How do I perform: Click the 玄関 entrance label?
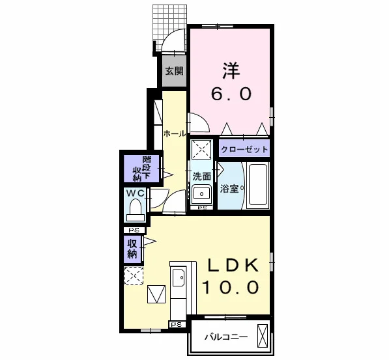click(175, 71)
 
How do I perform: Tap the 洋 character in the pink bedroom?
click(231, 71)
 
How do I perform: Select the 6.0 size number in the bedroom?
click(231, 94)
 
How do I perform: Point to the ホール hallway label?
click(175, 134)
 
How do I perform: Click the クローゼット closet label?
click(244, 149)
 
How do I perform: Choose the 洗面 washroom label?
click(202, 176)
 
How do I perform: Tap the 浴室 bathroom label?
click(229, 189)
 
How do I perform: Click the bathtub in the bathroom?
click(258, 184)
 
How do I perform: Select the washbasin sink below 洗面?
click(201, 193)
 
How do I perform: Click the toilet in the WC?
click(136, 210)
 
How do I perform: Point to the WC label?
click(136, 193)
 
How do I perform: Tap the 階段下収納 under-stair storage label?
click(142, 169)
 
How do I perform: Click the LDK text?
click(233, 265)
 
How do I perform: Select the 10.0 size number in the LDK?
click(231, 287)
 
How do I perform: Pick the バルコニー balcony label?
click(226, 337)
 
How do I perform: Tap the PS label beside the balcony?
click(177, 325)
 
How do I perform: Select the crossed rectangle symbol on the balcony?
click(263, 336)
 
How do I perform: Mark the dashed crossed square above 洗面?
click(201, 149)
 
